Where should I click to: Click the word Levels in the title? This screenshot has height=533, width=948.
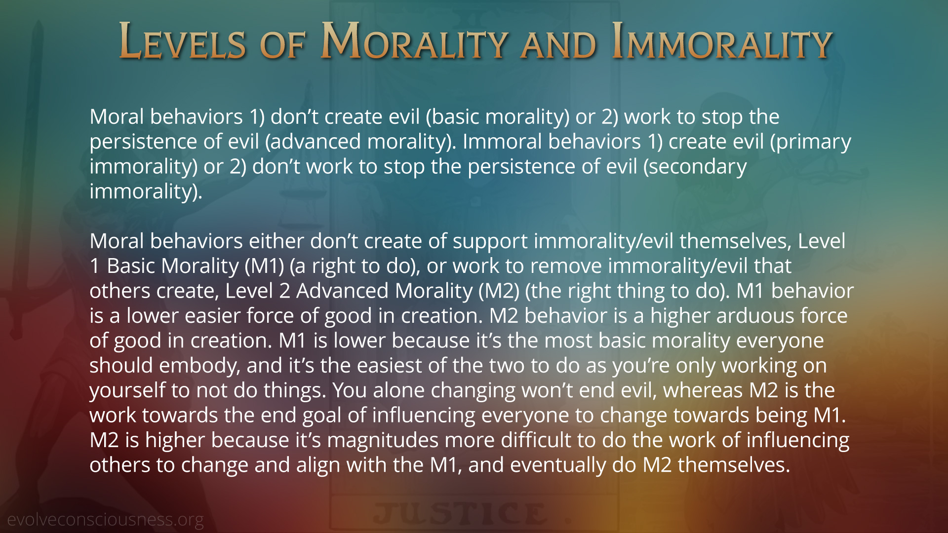pyautogui.click(x=182, y=41)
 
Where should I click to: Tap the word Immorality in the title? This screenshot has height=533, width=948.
pyautogui.click(x=722, y=41)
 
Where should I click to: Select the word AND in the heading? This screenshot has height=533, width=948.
pyautogui.click(x=558, y=44)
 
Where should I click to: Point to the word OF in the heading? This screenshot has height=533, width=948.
pyautogui.click(x=282, y=44)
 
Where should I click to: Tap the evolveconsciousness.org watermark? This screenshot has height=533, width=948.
pyautogui.click(x=105, y=520)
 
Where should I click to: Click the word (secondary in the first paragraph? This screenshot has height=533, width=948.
pyautogui.click(x=695, y=167)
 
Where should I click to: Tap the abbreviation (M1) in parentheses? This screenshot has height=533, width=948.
pyautogui.click(x=264, y=266)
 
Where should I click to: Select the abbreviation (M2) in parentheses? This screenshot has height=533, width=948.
pyautogui.click(x=499, y=291)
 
